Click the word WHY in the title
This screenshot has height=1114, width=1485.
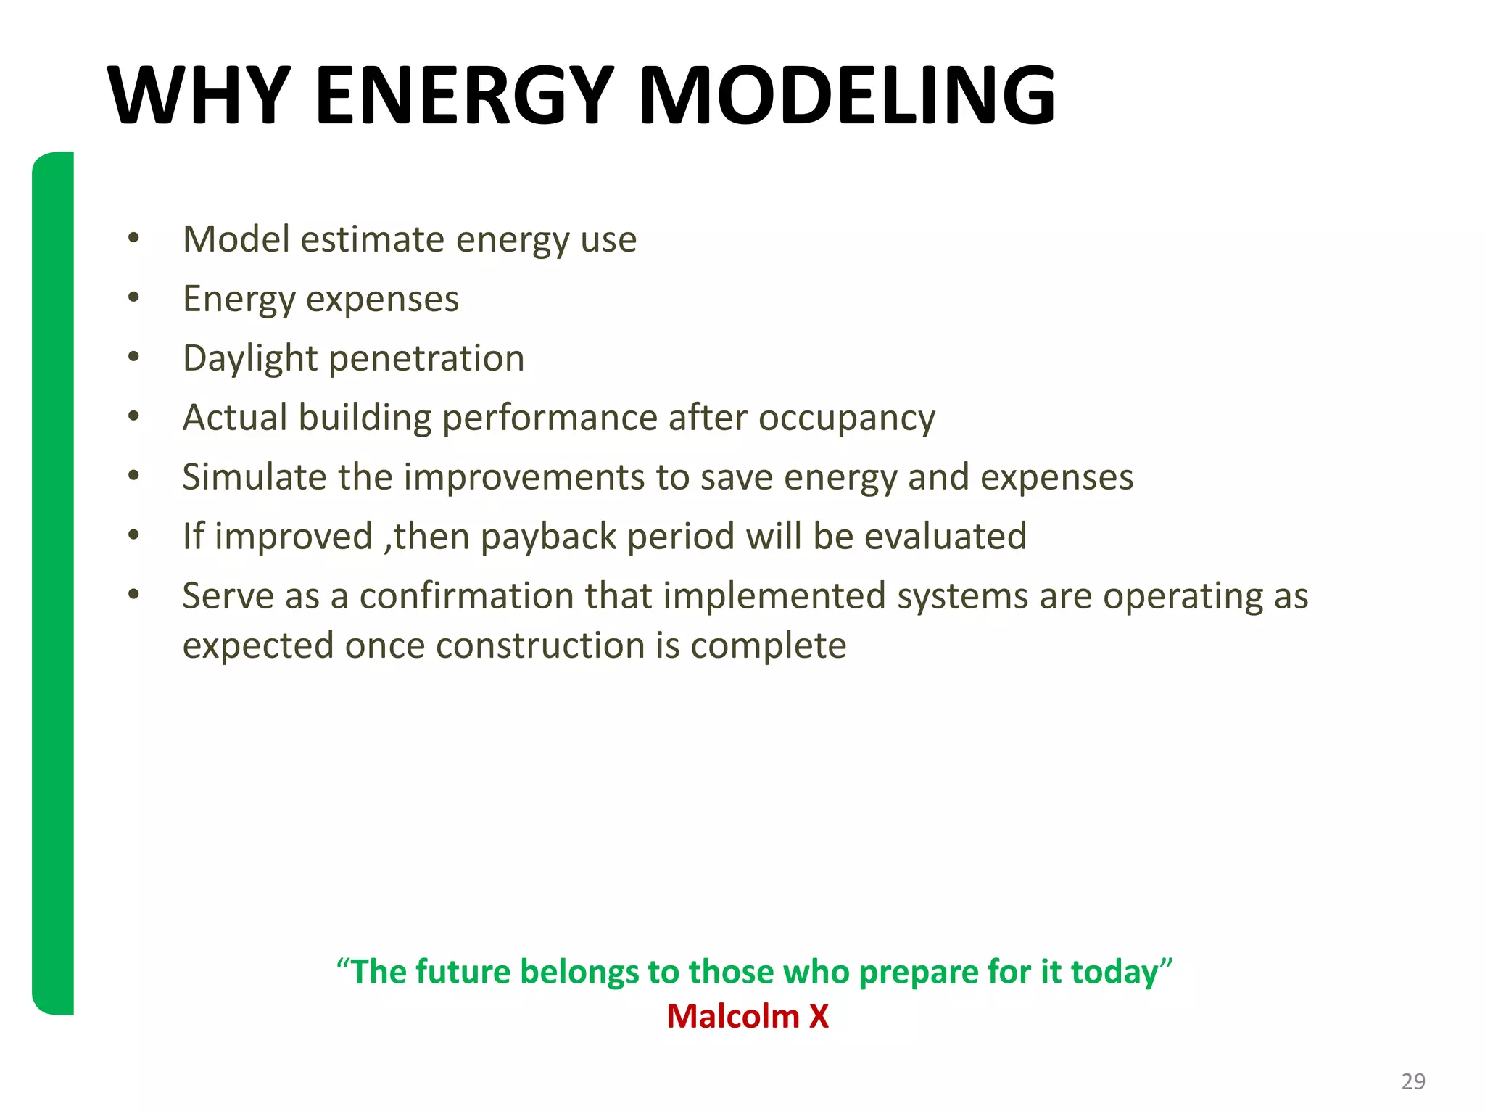[199, 96]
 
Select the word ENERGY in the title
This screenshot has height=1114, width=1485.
[465, 96]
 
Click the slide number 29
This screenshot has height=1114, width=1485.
[1413, 1081]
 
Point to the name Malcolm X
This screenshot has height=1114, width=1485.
[748, 1016]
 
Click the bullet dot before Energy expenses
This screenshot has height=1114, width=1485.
[133, 297]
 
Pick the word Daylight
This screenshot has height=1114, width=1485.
[250, 359]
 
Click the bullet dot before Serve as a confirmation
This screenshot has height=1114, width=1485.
[133, 594]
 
